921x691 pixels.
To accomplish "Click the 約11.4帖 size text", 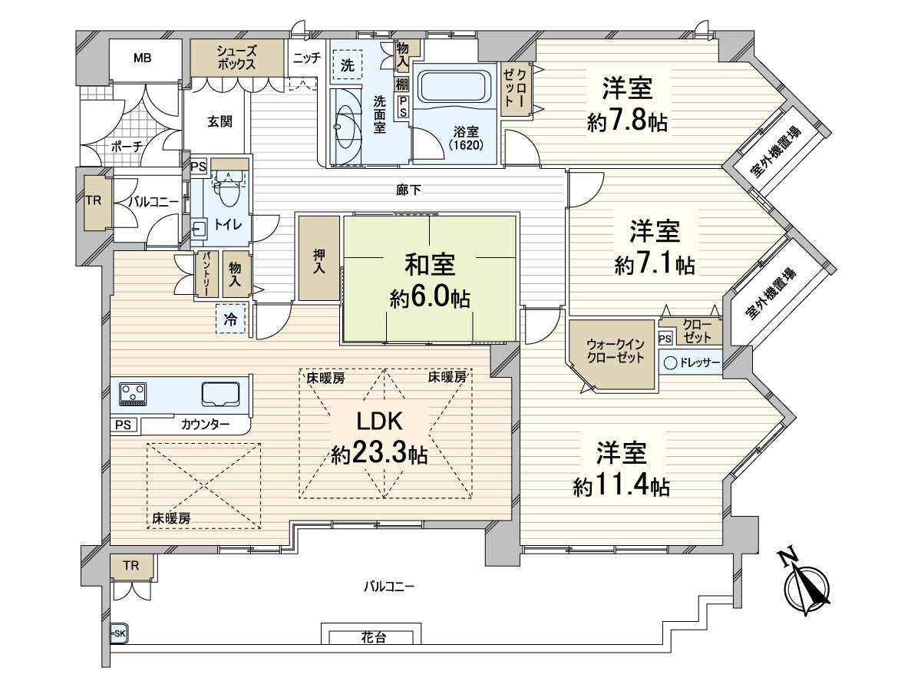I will (621, 486).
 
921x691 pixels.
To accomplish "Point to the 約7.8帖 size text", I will (626, 122).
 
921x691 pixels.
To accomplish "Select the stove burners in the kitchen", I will (134, 393).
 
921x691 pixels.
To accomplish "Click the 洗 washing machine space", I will (347, 66).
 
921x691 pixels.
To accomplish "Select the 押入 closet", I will (319, 258).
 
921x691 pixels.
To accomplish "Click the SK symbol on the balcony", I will (117, 633).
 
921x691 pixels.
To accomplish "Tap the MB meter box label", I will (143, 58).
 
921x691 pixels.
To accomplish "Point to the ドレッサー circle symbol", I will (670, 363).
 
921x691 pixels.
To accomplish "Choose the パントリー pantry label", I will (206, 274).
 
